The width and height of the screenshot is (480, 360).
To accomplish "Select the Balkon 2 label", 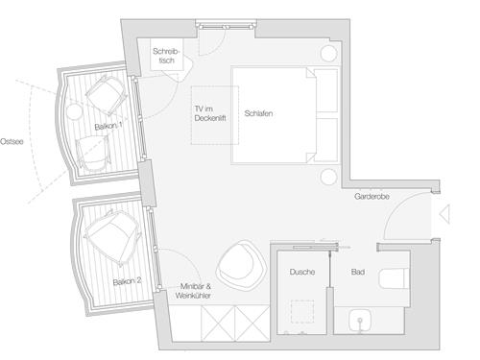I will pyautogui.click(x=128, y=281).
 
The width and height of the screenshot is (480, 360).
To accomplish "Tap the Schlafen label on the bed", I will pyautogui.click(x=259, y=113).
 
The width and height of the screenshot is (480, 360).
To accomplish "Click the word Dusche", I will pyautogui.click(x=302, y=273).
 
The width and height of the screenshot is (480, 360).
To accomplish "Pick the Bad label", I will pyautogui.click(x=357, y=273).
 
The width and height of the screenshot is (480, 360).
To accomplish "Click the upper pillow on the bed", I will pyautogui.click(x=327, y=92).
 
